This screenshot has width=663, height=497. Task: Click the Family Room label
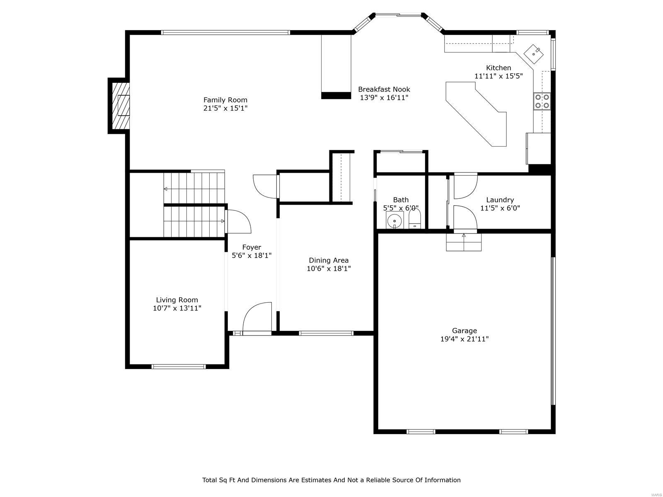click(225, 100)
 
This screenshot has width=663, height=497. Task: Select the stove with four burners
click(542, 101)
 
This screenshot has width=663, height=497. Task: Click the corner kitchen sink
click(534, 53)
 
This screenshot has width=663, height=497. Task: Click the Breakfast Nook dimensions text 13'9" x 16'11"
click(384, 98)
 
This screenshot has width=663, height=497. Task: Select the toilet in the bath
click(415, 220)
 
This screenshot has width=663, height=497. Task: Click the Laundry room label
click(500, 200)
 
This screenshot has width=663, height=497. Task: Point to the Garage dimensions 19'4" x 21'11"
click(464, 339)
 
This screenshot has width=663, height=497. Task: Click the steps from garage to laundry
click(464, 243)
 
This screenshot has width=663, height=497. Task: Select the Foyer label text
click(252, 247)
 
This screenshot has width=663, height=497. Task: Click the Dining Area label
click(329, 260)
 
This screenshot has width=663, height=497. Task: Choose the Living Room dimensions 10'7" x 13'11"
click(177, 308)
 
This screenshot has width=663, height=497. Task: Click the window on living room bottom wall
click(179, 367)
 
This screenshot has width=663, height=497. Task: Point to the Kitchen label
click(498, 68)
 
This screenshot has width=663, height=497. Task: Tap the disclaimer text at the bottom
click(331, 480)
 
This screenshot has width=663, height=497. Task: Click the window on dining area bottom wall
click(326, 333)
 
